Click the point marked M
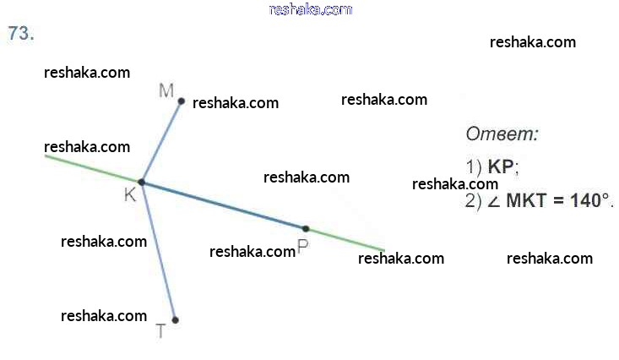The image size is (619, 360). point(181,101)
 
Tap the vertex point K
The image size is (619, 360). point(141,182)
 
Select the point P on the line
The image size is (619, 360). point(306,228)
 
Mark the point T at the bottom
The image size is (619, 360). point(175,319)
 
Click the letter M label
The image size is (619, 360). point(166,90)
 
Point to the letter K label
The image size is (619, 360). point(129,195)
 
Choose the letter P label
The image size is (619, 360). point(302,246)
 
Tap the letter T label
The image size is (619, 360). point(161,331)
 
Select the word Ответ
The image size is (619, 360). point(502,134)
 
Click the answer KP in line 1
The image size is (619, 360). point(501,166)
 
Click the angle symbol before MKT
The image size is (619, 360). point(494,201)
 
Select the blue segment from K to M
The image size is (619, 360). point(161,141)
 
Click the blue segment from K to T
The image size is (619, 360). point(158,251)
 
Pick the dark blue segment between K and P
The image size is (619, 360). point(224,205)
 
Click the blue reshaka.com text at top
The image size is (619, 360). point(310,9)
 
